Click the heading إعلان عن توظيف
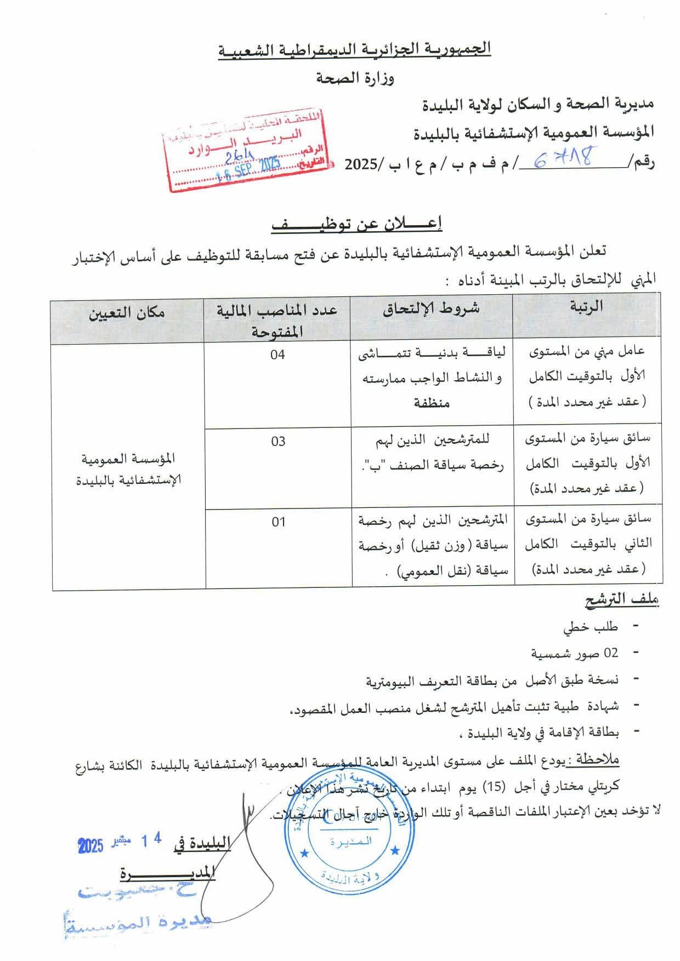(357, 225)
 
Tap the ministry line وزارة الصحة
(356, 79)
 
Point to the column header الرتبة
(586, 307)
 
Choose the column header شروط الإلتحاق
(431, 308)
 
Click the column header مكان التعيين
(127, 313)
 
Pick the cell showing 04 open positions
(277, 355)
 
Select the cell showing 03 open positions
(278, 442)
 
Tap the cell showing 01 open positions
(279, 522)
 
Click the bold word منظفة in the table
(432, 403)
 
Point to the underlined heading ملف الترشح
(621, 600)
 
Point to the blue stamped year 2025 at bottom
(90, 846)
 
